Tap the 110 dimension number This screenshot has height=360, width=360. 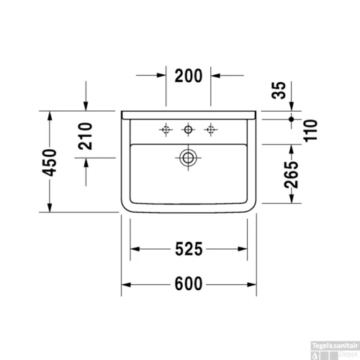point(311,130)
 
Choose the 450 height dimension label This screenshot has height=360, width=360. point(50,163)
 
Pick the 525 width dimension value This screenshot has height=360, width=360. point(189,249)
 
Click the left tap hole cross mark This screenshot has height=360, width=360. point(166,130)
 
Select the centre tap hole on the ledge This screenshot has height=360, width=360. point(189,130)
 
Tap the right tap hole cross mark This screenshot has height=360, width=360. point(211,130)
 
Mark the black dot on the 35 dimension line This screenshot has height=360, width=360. point(292,117)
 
